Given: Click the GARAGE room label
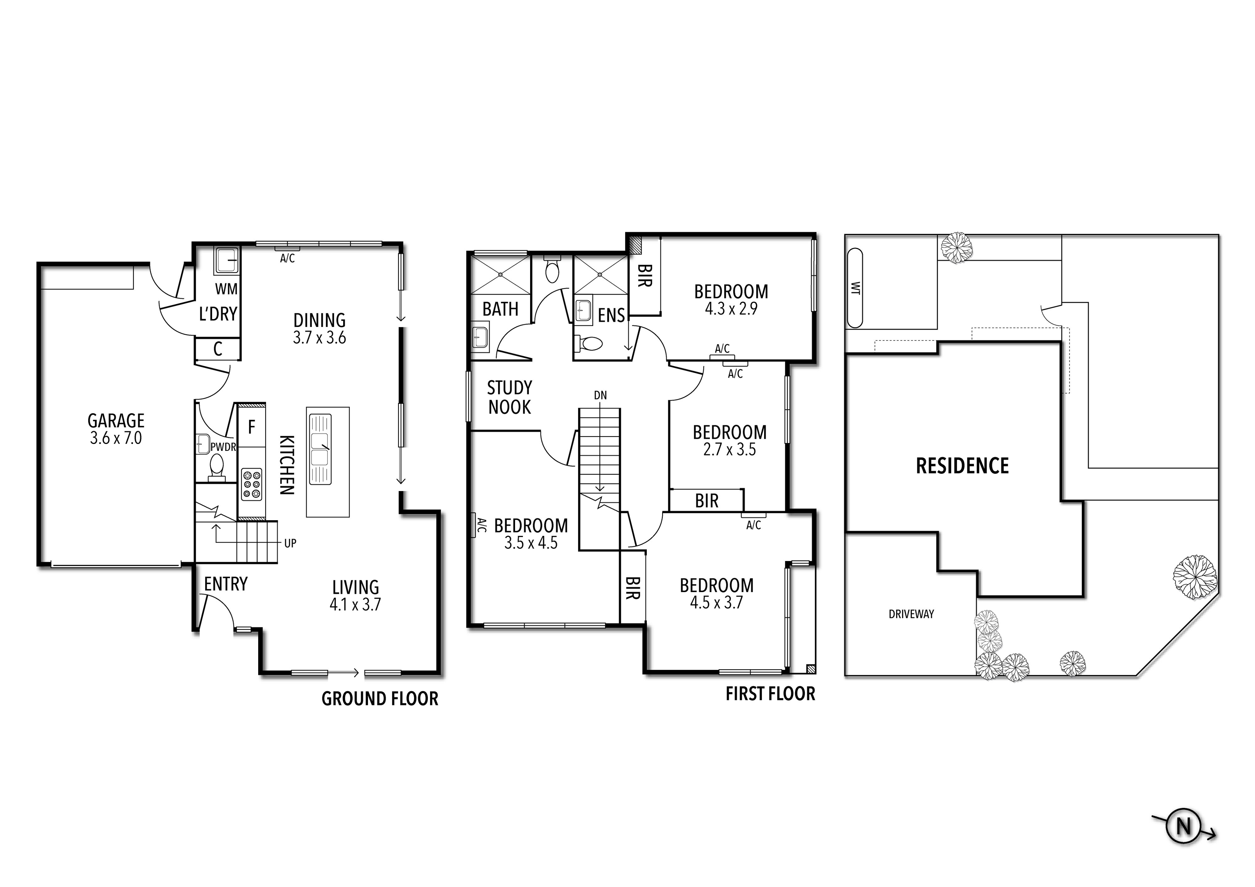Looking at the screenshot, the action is pyautogui.click(x=116, y=420).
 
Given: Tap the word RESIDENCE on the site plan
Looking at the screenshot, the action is pyautogui.click(x=962, y=466).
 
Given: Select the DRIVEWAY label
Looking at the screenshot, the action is pyautogui.click(x=911, y=614).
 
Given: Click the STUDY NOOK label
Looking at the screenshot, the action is pyautogui.click(x=510, y=398).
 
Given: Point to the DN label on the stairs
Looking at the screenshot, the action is pyautogui.click(x=600, y=395).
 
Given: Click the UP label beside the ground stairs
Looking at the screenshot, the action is pyautogui.click(x=290, y=544).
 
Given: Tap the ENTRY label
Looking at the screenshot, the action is pyautogui.click(x=226, y=584).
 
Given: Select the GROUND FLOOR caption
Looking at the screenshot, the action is pyautogui.click(x=380, y=699).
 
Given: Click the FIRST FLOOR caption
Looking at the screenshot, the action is pyautogui.click(x=770, y=694).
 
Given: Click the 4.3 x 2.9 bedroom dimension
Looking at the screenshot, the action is pyautogui.click(x=731, y=309).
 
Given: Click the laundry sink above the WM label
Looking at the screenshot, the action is pyautogui.click(x=226, y=260).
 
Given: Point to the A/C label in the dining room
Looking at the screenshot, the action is pyautogui.click(x=288, y=259).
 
